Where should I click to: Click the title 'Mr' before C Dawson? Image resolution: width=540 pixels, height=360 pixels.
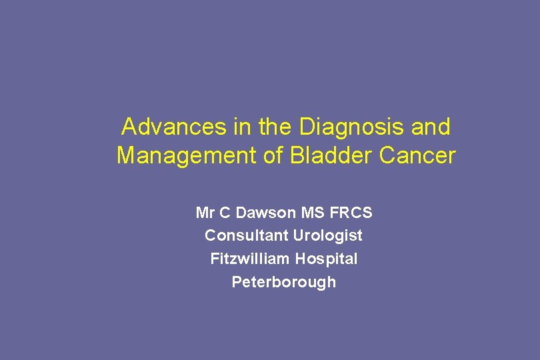click(x=205, y=213)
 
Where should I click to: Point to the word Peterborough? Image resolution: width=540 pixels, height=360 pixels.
click(x=283, y=282)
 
